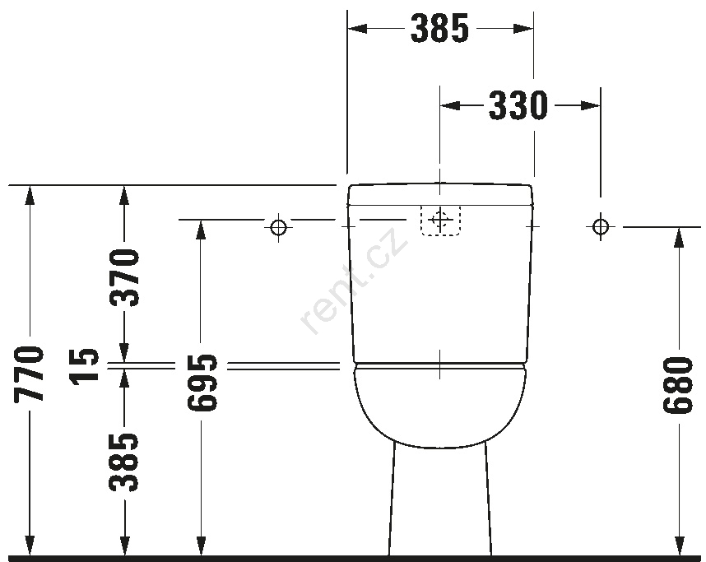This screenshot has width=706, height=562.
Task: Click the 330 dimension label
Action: (x=518, y=106)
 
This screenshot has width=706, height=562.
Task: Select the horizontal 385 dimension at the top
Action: (x=440, y=28)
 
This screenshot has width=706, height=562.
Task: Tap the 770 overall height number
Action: (x=30, y=374)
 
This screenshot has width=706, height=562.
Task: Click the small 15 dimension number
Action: (x=84, y=365)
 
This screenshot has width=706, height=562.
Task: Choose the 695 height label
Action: (x=202, y=383)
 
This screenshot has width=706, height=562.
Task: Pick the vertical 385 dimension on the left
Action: (x=123, y=462)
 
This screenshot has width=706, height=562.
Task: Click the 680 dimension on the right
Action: (x=677, y=384)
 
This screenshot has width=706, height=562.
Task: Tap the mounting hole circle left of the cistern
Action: (x=278, y=226)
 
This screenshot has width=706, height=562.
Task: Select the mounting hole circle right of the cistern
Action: (x=600, y=226)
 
